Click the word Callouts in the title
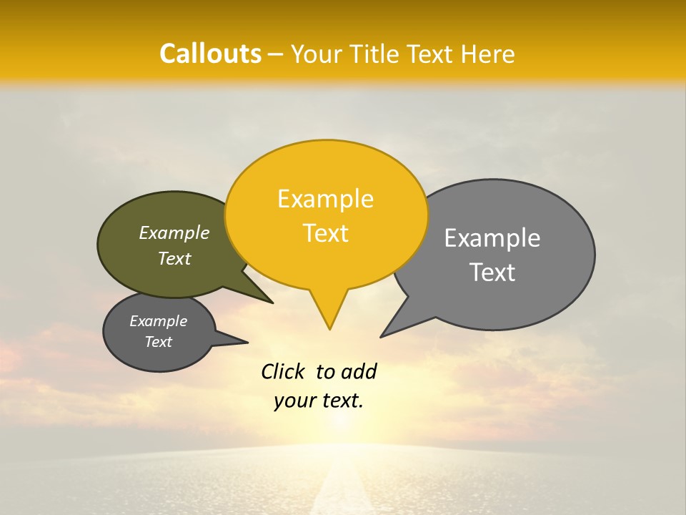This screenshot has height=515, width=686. pos(210,54)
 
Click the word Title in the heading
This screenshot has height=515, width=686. pos(376,54)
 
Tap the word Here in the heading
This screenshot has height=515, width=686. pos(489,54)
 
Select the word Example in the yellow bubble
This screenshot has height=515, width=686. pos(325,199)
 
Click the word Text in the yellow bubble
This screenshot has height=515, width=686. pos(325,233)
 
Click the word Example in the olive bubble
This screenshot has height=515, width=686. pos(174,233)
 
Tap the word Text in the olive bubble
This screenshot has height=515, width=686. pos(174,258)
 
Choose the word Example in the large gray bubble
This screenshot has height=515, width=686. pos(492,238)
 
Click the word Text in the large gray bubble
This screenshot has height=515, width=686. pos(492,273)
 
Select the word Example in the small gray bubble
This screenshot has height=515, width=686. pos(158,321)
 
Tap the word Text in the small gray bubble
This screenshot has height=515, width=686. pos(158,342)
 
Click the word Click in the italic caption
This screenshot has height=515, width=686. pos(284,371)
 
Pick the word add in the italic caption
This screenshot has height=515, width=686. pos(359,371)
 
